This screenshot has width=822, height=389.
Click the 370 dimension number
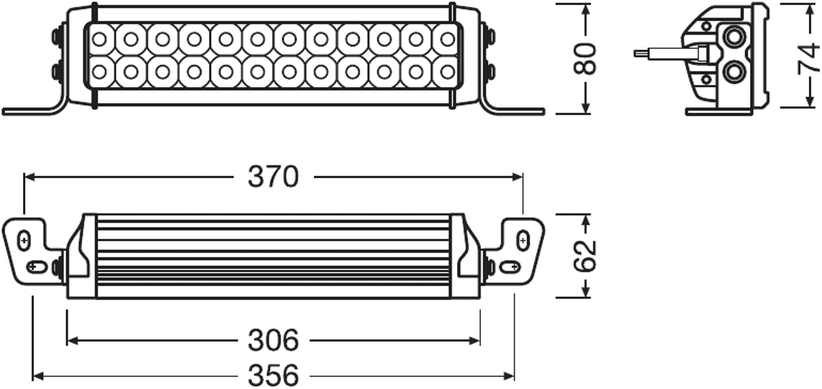(x=273, y=177)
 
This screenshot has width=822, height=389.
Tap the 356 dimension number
(x=273, y=376)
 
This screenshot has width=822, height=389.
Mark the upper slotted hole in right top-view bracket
(x=523, y=240)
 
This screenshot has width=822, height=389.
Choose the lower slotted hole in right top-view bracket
(x=509, y=266)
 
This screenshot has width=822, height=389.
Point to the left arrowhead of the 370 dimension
(x=29, y=177)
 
